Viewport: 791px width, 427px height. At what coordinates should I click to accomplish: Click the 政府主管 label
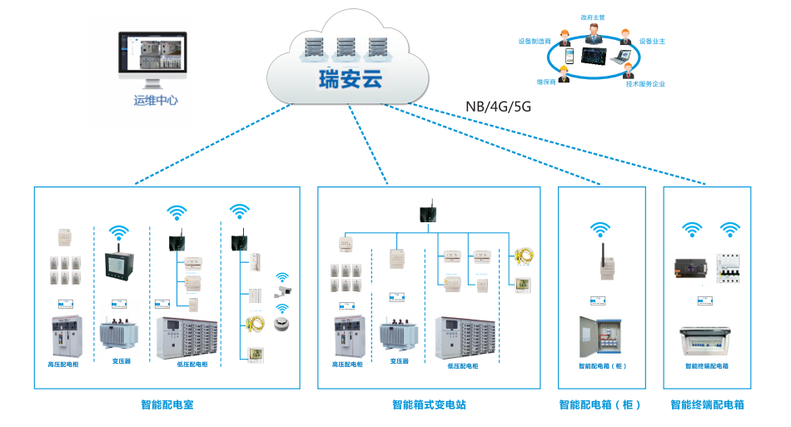tap(593, 16)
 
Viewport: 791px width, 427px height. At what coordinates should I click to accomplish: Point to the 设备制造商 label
tap(535, 40)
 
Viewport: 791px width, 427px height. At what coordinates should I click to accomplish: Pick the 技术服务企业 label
tap(645, 84)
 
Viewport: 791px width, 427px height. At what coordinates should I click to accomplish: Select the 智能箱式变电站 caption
tap(429, 405)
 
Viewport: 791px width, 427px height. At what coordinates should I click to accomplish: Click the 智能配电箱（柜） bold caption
tap(600, 405)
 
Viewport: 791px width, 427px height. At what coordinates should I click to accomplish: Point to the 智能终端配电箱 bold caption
tap(707, 405)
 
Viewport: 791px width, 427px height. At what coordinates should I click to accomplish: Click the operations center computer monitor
tap(153, 54)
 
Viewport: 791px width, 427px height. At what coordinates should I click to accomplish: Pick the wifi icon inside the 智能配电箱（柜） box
tap(600, 229)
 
